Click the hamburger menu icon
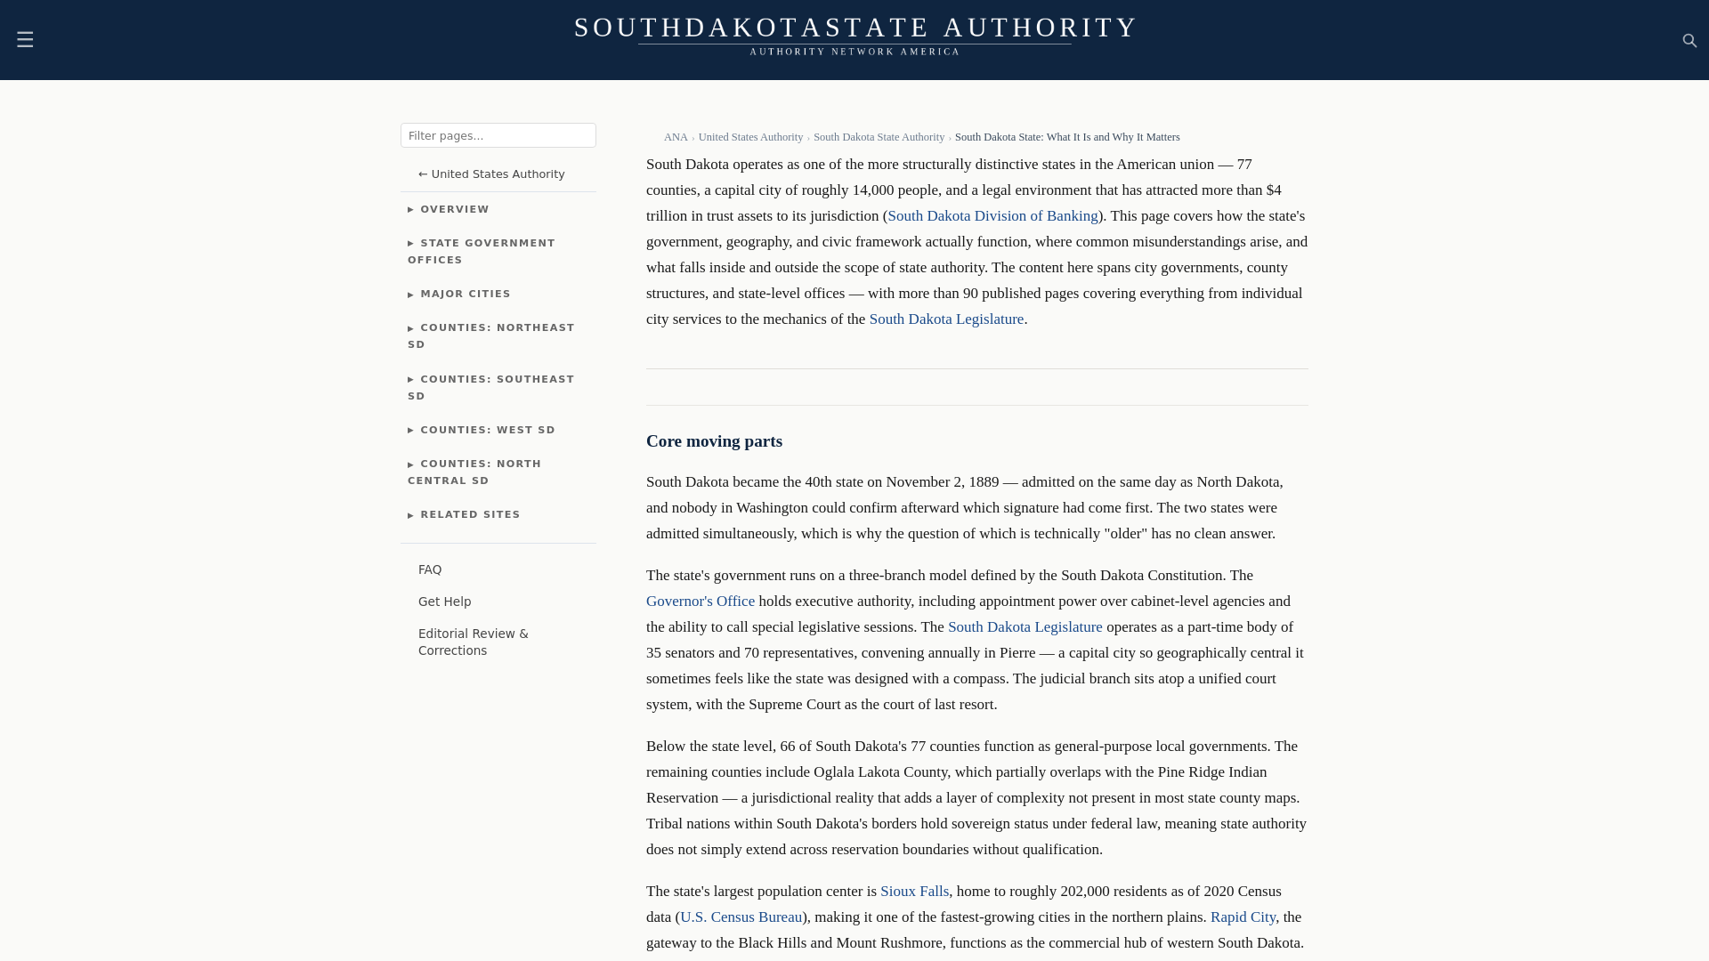tap(25, 40)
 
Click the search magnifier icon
tap(1689, 41)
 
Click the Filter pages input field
tap(498, 135)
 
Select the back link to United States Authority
tap(491, 174)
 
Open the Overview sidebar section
tap(454, 210)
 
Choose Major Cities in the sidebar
tap(465, 295)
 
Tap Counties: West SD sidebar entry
tap(487, 431)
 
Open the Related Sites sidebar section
tap(469, 515)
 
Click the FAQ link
tap(430, 570)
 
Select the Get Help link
tap(444, 602)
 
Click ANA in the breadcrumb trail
tap(676, 138)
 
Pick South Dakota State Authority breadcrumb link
tap(879, 138)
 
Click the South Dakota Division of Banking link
tap(992, 216)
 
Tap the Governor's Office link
tap(700, 602)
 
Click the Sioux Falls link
tap(914, 892)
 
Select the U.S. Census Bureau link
tap(741, 917)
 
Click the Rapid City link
tap(1242, 917)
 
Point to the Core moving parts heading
tap(714, 442)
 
